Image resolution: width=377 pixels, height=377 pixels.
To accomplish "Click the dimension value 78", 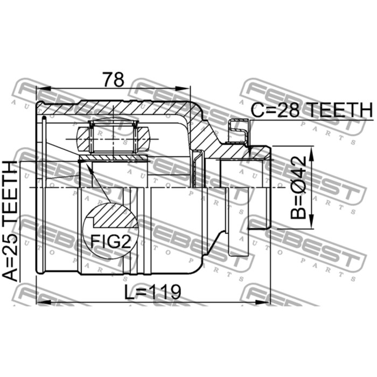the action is pyautogui.click(x=114, y=79).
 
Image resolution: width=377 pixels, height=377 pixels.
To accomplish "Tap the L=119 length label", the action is pyautogui.click(x=152, y=292).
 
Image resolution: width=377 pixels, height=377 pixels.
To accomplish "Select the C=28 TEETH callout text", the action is pyautogui.click(x=312, y=110).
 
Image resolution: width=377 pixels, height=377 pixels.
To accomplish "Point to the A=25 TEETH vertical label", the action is pyautogui.click(x=10, y=221).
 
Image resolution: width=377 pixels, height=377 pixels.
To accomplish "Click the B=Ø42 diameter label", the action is pyautogui.click(x=298, y=187).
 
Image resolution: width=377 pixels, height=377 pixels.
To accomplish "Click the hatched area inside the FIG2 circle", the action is pyautogui.click(x=115, y=216).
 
